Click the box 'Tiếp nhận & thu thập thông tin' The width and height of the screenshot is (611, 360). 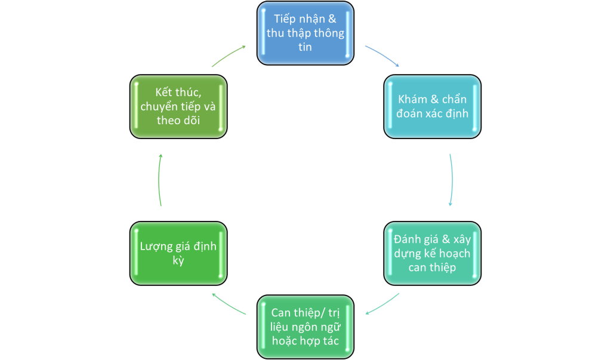pos(305,33)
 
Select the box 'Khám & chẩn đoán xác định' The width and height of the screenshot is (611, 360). pos(432,106)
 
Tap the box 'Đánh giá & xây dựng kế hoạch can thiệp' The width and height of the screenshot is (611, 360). pos(432,253)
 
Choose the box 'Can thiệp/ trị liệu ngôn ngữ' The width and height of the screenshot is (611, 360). pos(305,327)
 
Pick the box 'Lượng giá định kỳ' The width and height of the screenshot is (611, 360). pos(178,253)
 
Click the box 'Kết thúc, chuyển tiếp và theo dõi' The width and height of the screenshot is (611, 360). pos(178,106)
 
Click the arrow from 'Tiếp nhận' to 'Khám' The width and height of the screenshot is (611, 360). pos(382,56)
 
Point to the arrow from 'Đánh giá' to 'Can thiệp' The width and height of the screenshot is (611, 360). pos(382,304)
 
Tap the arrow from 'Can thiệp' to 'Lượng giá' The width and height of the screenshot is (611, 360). pos(229,304)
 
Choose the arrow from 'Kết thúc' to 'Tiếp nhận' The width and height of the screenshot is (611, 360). pos(229,56)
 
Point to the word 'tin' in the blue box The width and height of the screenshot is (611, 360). pos(305,47)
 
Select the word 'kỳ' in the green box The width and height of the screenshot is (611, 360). pos(178,261)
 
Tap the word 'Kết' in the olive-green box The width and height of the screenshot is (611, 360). pos(163,92)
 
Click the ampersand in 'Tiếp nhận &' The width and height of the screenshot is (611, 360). pos(332,19)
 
